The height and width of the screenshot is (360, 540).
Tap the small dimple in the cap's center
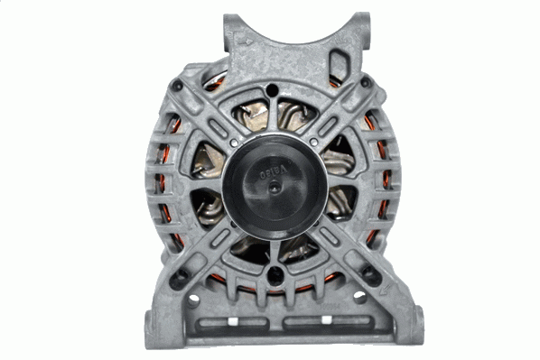tap(274, 187)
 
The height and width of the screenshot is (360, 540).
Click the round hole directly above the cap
tap(274, 90)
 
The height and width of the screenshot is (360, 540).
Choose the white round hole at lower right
tap(358, 296)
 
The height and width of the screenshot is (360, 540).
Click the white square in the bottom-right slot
tap(318, 322)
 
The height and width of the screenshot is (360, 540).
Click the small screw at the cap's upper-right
tap(312, 142)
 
